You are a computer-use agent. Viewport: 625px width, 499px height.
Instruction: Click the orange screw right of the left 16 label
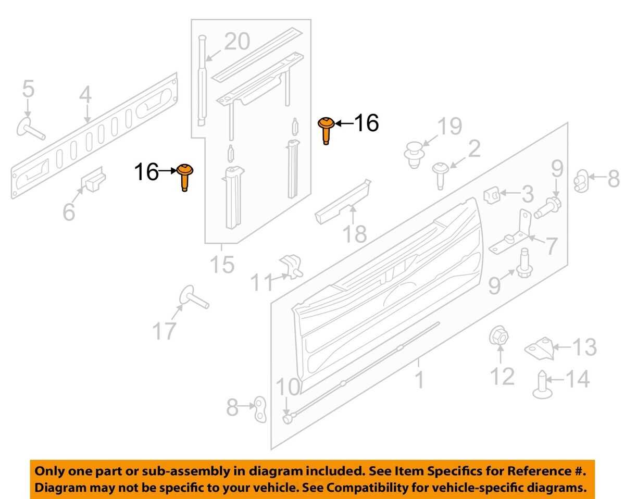pyautogui.click(x=185, y=177)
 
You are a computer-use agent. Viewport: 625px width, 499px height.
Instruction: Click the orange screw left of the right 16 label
pyautogui.click(x=326, y=130)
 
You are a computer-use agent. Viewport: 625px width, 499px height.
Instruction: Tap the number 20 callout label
pyautogui.click(x=237, y=42)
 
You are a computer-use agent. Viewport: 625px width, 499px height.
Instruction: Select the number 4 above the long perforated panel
pyautogui.click(x=85, y=94)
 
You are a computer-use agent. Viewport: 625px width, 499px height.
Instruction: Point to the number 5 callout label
pyautogui.click(x=29, y=89)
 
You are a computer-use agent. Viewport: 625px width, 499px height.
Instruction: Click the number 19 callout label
pyautogui.click(x=449, y=126)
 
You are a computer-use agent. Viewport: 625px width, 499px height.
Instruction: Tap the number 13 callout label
pyautogui.click(x=584, y=347)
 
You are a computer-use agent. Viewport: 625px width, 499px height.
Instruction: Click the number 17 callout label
pyautogui.click(x=164, y=331)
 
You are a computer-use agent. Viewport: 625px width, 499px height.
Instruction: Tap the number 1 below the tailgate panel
pyautogui.click(x=420, y=379)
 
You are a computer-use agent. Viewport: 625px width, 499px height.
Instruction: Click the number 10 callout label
pyautogui.click(x=287, y=387)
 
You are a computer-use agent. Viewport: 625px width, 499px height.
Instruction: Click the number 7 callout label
pyautogui.click(x=551, y=246)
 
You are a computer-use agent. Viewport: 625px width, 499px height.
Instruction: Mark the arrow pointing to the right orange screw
pyautogui.click(x=344, y=123)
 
